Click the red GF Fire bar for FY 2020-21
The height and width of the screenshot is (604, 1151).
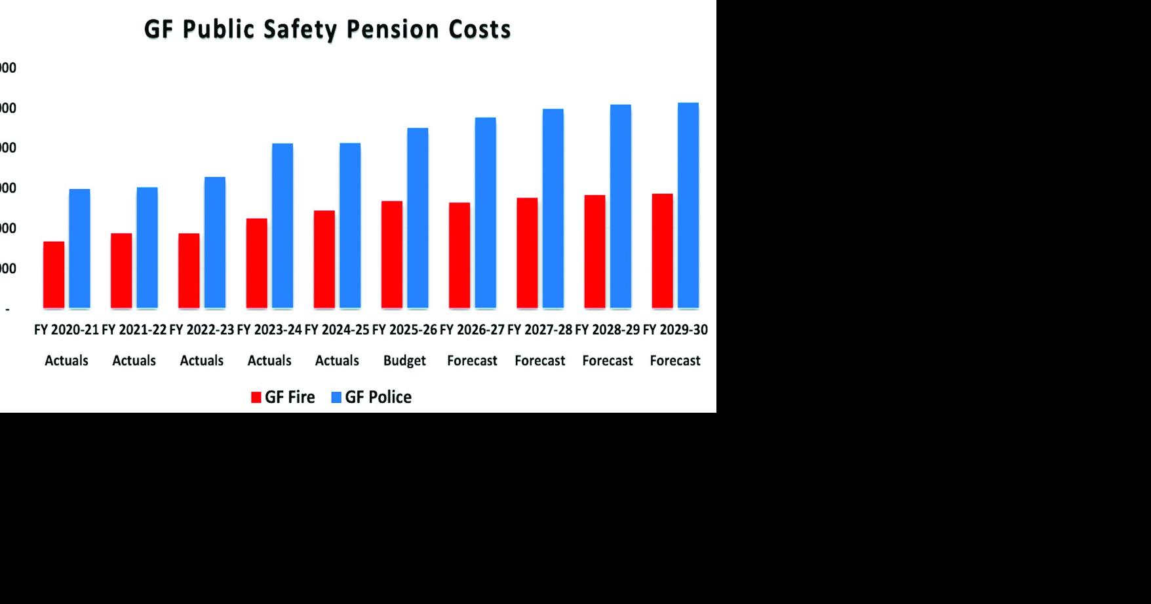click(x=54, y=274)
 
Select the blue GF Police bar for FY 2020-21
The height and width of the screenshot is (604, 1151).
click(x=79, y=248)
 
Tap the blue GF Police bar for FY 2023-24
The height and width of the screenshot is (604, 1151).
click(x=283, y=225)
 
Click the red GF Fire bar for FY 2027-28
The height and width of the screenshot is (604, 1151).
click(x=527, y=253)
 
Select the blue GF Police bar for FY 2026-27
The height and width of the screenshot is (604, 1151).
click(x=485, y=212)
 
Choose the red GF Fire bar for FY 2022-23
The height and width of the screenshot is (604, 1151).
click(x=189, y=271)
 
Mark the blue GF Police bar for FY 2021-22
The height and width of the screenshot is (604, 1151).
click(x=147, y=248)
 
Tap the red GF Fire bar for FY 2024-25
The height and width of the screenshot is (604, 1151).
click(x=324, y=259)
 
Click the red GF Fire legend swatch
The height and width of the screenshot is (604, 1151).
click(x=256, y=398)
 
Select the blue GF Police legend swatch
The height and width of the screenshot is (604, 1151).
click(x=336, y=398)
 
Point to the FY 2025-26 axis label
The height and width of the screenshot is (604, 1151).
click(x=404, y=330)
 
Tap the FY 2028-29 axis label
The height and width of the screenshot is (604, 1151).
click(x=607, y=330)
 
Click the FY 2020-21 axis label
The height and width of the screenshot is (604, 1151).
click(x=66, y=330)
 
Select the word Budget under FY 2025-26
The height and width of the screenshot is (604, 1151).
click(x=404, y=360)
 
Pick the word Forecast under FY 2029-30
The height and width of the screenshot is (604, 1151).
click(x=675, y=360)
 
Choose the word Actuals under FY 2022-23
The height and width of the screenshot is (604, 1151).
click(x=202, y=360)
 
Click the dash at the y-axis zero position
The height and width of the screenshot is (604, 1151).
click(x=8, y=309)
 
